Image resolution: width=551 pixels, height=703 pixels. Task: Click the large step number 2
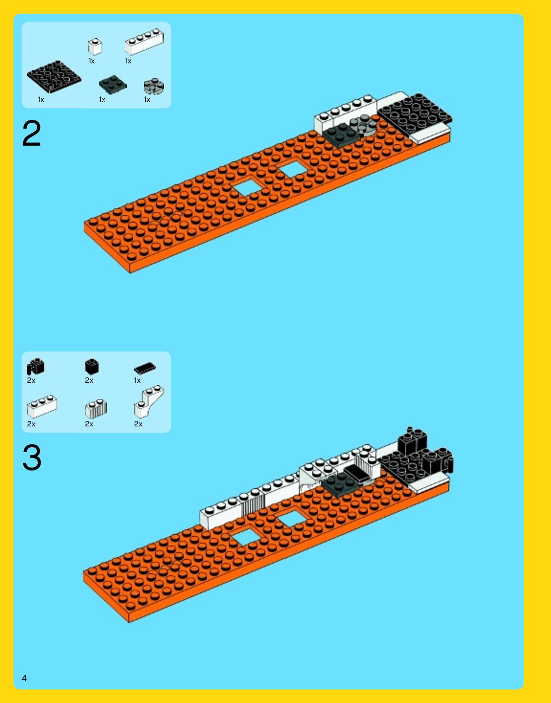pos(31,133)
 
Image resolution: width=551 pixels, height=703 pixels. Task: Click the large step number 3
pos(32,457)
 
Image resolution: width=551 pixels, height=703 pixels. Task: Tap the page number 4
pos(24,678)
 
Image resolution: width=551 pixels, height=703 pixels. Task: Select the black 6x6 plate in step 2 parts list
pos(54,77)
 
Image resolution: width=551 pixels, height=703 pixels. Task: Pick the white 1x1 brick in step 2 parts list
pos(95,46)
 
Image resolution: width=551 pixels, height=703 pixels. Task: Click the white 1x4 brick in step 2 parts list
pos(144,41)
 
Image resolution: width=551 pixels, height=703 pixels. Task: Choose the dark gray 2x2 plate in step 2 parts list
pos(113,85)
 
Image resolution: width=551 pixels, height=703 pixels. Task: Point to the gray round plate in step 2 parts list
pos(154,86)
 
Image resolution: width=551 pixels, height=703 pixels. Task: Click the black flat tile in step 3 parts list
pos(145,368)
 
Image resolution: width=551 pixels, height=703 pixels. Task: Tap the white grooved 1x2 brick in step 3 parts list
pos(96,408)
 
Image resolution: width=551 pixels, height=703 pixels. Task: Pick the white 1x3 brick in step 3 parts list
pos(42,406)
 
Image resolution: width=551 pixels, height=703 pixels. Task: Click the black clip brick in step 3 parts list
pos(35,367)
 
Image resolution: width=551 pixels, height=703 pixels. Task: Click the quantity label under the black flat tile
pos(137,380)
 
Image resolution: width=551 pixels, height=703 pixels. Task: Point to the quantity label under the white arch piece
pos(138,424)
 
